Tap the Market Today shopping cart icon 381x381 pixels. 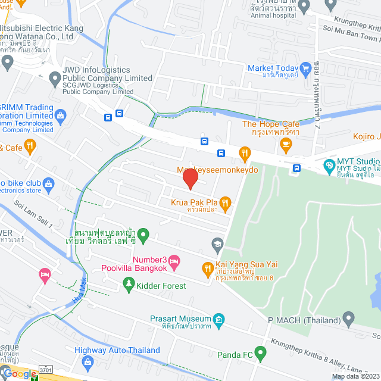[305, 68]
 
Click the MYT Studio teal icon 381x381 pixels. [328, 165]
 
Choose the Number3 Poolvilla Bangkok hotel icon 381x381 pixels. [173, 260]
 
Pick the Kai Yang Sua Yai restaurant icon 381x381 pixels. [207, 268]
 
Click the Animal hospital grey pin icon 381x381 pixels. [304, 7]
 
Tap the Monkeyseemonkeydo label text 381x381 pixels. [218, 170]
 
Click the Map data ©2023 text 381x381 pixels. [355, 376]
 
